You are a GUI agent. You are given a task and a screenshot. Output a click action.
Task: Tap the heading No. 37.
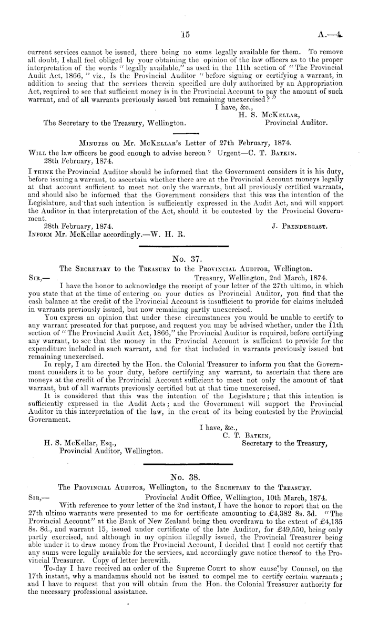pos(183,258)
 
